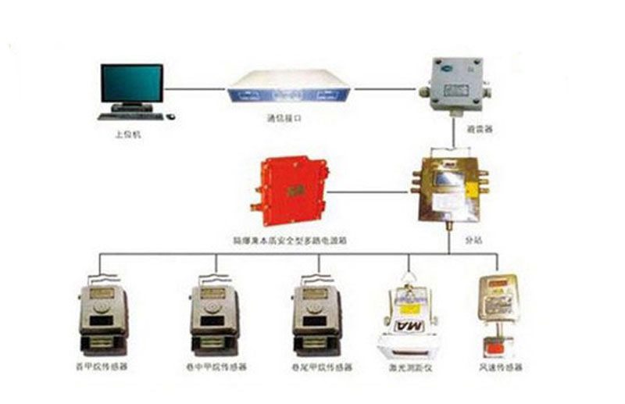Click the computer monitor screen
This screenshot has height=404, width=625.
(x=131, y=82)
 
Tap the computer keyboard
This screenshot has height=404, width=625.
(x=131, y=116)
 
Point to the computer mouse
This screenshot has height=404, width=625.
(x=171, y=116)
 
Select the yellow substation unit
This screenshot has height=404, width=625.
(x=447, y=188)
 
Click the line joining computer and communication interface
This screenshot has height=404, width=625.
(x=195, y=89)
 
